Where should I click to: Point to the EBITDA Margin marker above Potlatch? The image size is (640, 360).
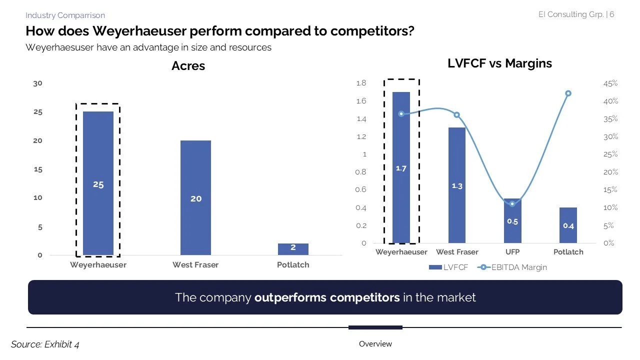click(568, 93)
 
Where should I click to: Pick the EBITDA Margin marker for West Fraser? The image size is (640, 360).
click(456, 115)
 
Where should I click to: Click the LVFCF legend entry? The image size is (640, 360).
click(448, 267)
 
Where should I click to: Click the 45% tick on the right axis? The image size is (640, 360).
click(610, 83)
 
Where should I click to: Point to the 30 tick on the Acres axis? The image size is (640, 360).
click(37, 83)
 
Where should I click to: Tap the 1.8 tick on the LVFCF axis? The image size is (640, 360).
click(361, 83)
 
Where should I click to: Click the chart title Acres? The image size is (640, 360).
click(188, 66)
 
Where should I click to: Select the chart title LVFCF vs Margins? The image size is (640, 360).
click(499, 63)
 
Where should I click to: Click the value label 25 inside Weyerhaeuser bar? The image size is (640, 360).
click(98, 184)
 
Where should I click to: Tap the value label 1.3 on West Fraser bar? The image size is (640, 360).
click(457, 186)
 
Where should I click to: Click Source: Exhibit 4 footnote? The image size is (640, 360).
click(45, 344)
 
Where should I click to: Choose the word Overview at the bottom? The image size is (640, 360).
click(375, 344)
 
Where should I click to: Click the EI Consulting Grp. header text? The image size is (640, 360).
click(570, 14)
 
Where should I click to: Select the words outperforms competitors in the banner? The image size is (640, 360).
click(326, 297)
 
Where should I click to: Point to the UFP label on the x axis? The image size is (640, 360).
click(512, 252)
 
